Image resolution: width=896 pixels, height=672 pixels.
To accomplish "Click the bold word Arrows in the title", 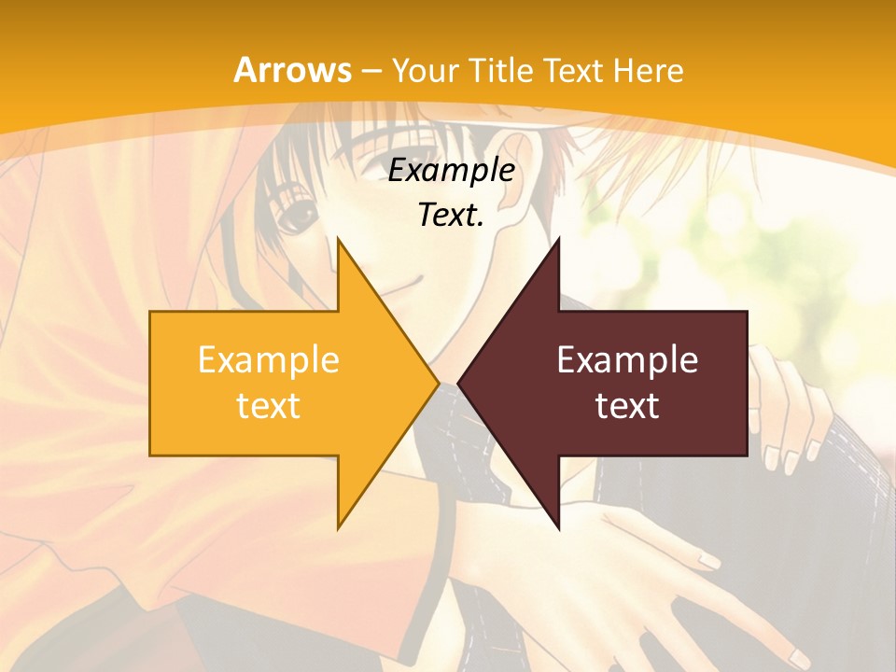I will [292, 70].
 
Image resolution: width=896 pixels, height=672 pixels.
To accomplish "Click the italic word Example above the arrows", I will [452, 171].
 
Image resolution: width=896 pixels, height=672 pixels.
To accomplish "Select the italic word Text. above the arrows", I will [452, 216].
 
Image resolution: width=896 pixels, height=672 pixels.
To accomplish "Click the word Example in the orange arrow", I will [269, 360].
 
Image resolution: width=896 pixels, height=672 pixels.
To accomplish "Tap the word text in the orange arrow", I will [269, 406].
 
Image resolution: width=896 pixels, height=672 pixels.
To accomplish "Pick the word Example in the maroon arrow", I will [627, 360].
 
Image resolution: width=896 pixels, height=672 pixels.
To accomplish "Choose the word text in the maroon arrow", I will [627, 406].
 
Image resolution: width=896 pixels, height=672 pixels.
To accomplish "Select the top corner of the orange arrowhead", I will [339, 240].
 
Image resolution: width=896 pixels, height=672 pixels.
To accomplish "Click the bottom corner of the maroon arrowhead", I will [558, 527].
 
